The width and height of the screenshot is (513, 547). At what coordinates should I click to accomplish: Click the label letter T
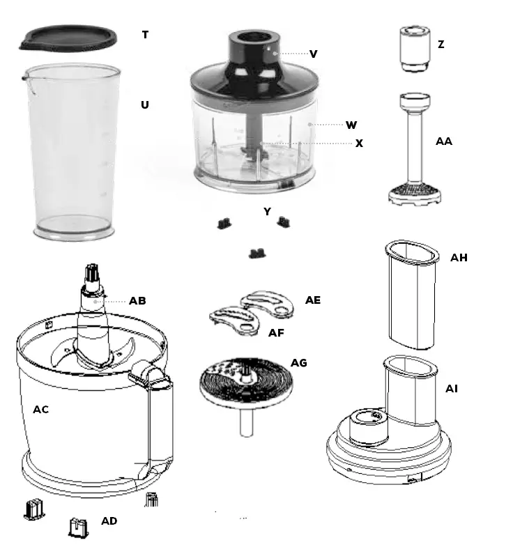[145, 35]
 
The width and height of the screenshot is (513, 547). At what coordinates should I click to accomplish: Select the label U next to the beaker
[145, 105]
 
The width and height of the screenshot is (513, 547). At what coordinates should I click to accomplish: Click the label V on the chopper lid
[314, 54]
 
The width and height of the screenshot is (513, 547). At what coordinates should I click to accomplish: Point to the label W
[351, 125]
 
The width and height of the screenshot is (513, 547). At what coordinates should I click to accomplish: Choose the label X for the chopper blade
[359, 144]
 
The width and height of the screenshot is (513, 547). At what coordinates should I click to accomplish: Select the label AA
[443, 141]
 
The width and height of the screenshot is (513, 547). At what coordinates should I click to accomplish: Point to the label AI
[452, 388]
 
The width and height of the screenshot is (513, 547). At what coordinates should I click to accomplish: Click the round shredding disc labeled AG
[244, 383]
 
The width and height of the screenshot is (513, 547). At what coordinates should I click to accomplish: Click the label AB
[137, 301]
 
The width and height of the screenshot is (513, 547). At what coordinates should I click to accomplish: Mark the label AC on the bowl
[41, 410]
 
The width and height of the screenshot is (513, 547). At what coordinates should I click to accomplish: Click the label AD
[109, 521]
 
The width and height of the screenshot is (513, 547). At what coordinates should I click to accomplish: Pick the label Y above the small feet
[267, 212]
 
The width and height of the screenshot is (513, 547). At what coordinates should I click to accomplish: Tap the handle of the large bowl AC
[157, 418]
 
